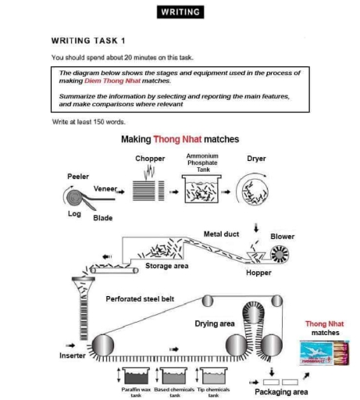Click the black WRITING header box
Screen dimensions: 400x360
180,12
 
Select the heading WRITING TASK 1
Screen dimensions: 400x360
87,40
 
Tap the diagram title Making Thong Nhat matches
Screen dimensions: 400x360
180,140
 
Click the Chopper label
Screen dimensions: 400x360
150,159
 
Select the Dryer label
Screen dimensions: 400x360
256,159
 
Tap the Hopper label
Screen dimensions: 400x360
258,273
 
